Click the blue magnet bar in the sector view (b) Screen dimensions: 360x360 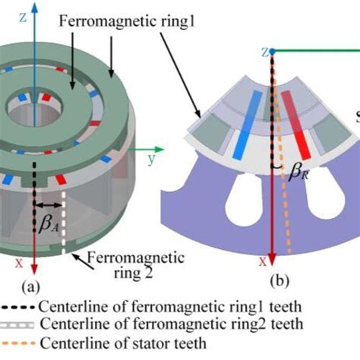(249, 125)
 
